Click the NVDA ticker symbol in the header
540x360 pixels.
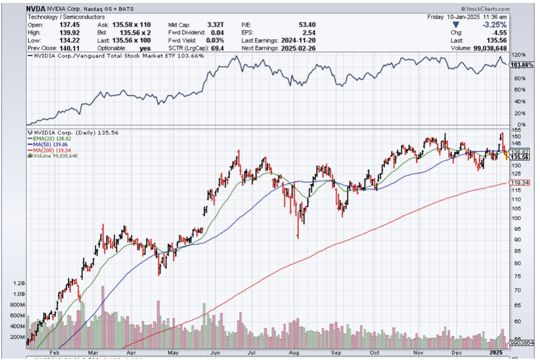pos(35,9)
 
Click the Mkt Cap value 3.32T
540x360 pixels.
pos(216,25)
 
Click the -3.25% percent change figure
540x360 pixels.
pos(494,25)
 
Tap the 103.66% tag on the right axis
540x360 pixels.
pos(522,65)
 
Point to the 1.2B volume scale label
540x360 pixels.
pos(19,283)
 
